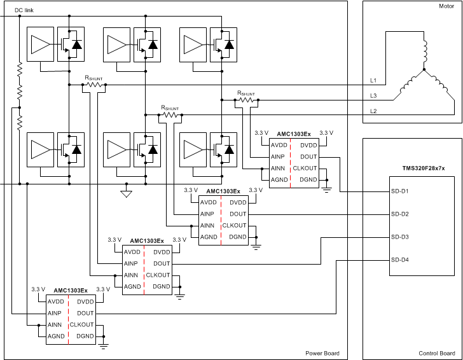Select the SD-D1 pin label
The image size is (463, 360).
[x=399, y=191]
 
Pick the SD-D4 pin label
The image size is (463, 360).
[x=399, y=260]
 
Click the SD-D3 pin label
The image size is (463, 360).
[x=399, y=237]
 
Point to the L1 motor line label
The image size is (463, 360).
[x=373, y=81]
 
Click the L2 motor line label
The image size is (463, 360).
[x=373, y=111]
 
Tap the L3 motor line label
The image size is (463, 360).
[x=373, y=96]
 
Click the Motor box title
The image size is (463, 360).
[x=446, y=7]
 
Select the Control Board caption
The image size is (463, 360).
[x=436, y=353]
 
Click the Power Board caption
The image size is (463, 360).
[x=322, y=353]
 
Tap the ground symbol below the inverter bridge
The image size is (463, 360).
[x=126, y=193]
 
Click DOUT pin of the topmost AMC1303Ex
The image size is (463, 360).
[x=308, y=156]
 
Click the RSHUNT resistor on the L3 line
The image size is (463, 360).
[x=247, y=100]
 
